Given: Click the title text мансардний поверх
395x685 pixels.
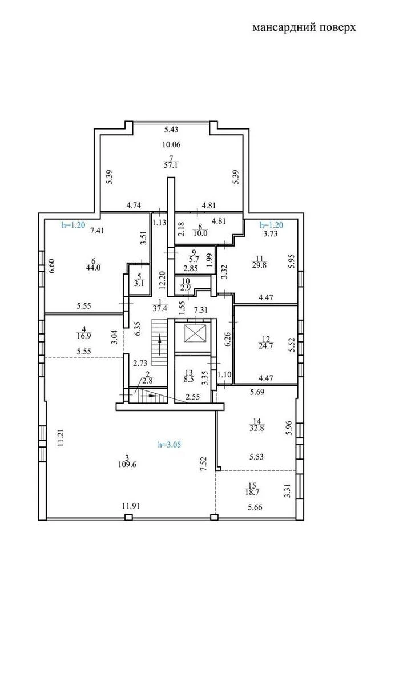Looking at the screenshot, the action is pos(304,27).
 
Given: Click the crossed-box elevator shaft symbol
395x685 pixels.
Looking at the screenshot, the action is pos(195,333).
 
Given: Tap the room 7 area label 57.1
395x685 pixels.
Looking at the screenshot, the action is pos(171,166).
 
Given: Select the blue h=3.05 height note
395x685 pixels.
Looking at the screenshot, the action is pos(170,444).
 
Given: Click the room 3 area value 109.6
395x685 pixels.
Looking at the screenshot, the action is pos(127,465).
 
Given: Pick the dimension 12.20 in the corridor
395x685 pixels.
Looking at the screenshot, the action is pos(162,280).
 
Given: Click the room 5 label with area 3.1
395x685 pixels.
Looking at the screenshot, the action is pos(139,280).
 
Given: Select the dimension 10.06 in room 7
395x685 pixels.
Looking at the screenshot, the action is pos(171,144).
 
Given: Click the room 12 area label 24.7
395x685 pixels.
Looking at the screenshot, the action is pos(265,346).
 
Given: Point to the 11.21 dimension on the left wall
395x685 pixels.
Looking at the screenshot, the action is pos(61,438).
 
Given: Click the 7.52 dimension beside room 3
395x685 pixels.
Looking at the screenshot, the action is pos(204,464).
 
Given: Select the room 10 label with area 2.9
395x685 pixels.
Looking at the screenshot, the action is pos(186,284).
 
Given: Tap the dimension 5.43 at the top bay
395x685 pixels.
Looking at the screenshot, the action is pos(171,130).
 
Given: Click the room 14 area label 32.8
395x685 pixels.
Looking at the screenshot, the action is pos(257,428).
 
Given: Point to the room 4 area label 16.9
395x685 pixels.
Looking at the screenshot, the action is pos(84,336).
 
